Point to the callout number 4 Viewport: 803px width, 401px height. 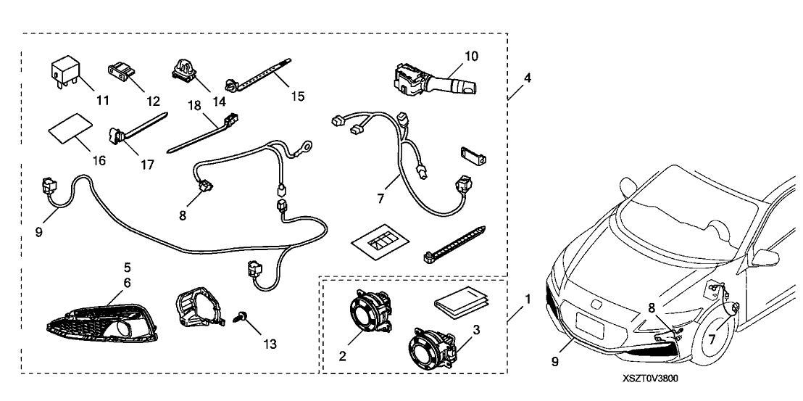pos(527,77)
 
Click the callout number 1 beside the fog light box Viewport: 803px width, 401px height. pos(528,298)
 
